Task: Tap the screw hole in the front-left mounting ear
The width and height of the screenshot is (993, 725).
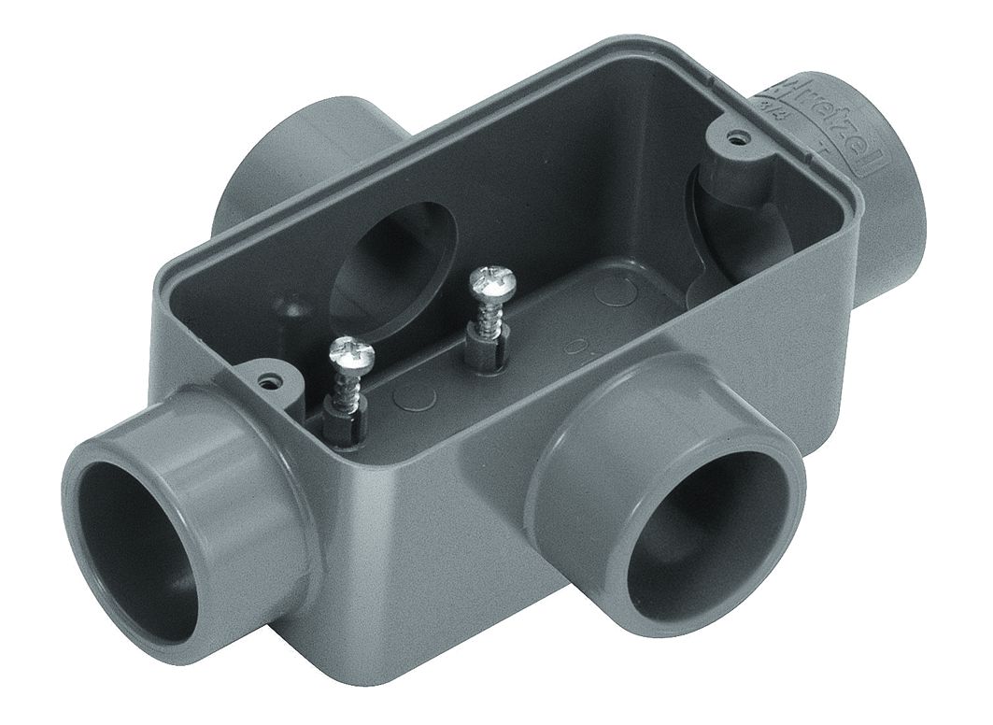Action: pyautogui.click(x=271, y=380)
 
